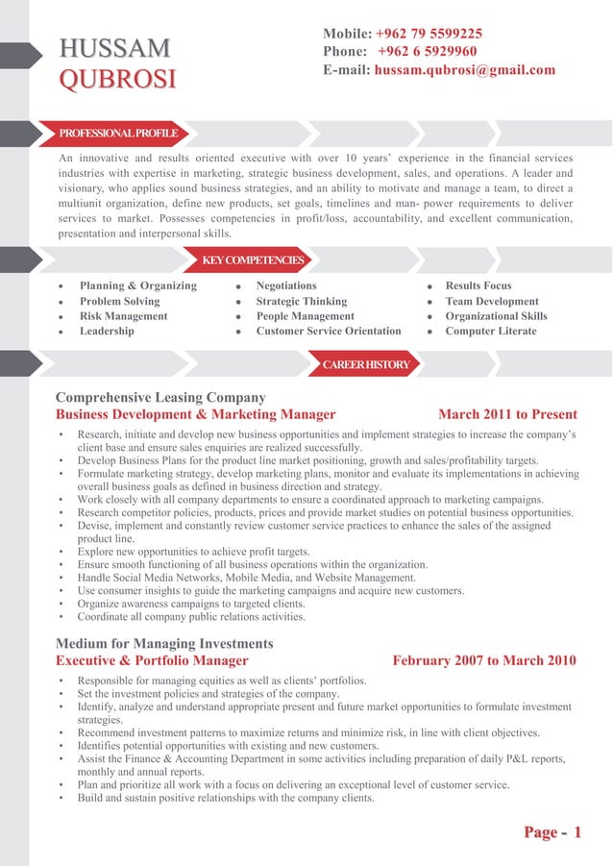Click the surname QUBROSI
(117, 80)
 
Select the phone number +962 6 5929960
(427, 51)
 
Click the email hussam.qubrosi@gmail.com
(465, 70)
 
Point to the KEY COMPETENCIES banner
(253, 260)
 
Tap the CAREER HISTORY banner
(366, 365)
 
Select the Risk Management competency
(123, 316)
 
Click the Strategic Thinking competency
(302, 301)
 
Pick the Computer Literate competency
(491, 332)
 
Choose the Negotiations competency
(286, 285)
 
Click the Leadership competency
(107, 332)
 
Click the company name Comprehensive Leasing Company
(160, 397)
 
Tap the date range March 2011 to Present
(507, 415)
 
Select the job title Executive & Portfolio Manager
(152, 661)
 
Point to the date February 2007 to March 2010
(484, 661)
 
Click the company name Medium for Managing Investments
(164, 643)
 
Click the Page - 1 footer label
(552, 832)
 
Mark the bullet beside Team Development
(430, 302)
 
